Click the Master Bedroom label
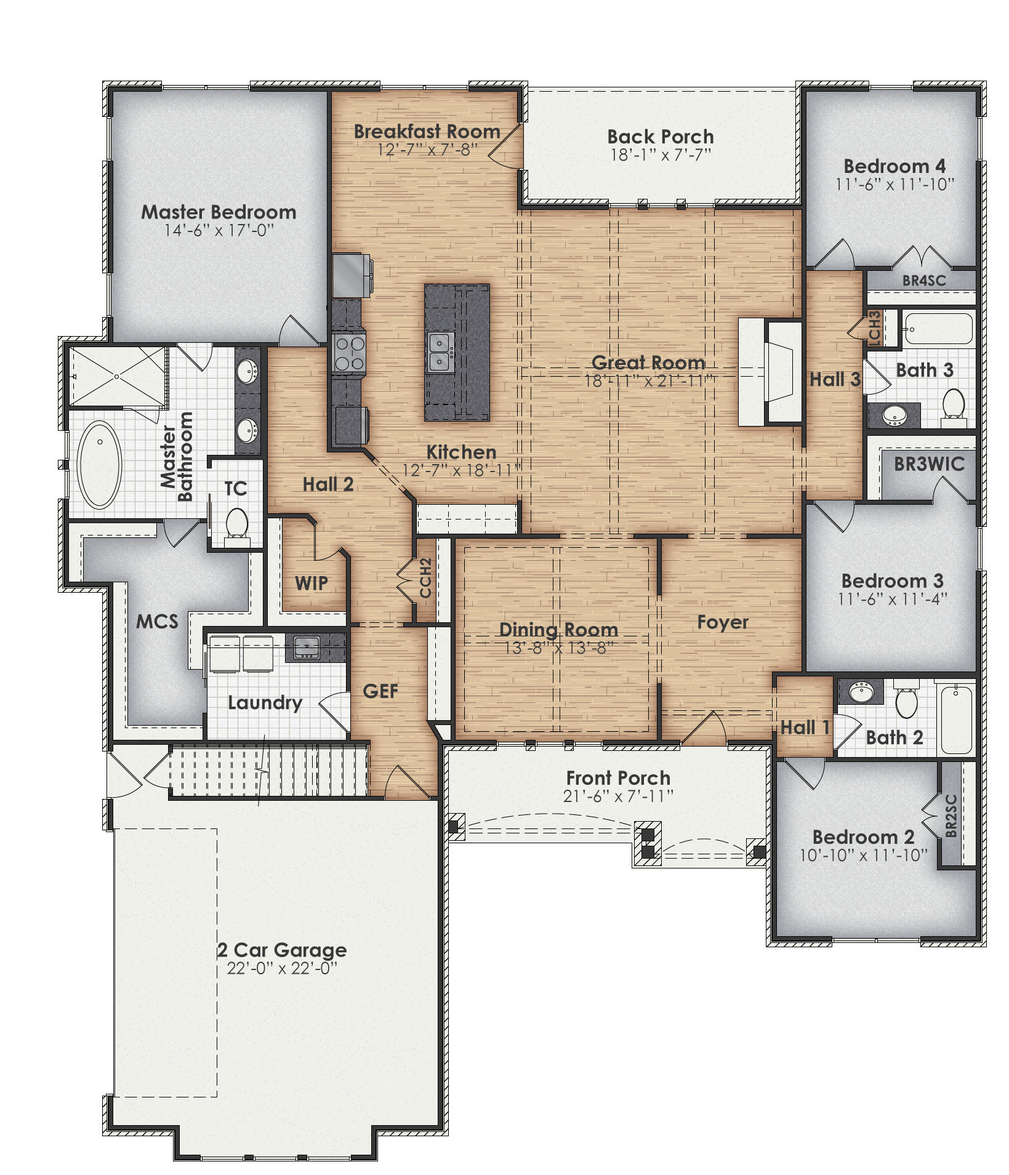tap(219, 212)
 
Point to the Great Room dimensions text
tap(648, 381)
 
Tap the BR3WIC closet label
tap(929, 464)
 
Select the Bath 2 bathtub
tap(956, 718)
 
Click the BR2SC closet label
tap(951, 816)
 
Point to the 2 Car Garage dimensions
tap(283, 968)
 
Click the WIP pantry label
tap(312, 583)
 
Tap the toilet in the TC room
tap(236, 525)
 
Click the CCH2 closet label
tap(425, 578)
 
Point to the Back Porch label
tap(661, 137)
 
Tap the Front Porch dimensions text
tap(618, 796)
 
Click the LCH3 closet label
tap(875, 327)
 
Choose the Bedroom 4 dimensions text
tap(894, 184)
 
